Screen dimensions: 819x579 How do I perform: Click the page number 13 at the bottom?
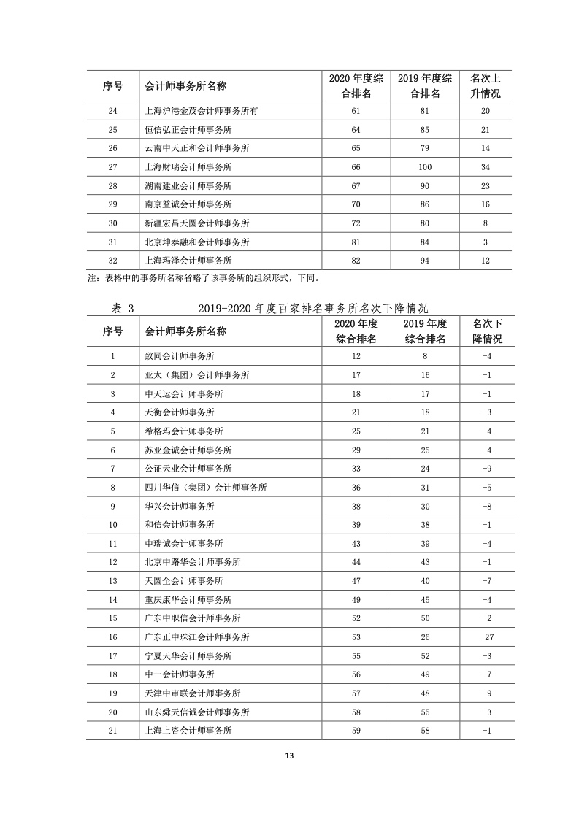tap(289, 755)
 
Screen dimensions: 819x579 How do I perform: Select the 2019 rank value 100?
tap(425, 167)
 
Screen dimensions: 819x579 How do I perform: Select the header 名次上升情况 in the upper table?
tap(486, 85)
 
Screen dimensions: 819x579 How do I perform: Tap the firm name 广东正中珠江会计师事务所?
tap(197, 637)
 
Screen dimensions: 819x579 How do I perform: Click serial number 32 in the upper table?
tap(112, 259)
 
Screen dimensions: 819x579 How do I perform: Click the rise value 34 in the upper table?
tap(486, 167)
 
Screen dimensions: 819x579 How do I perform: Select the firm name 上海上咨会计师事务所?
tap(189, 730)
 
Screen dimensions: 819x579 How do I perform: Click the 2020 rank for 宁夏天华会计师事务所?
tap(356, 655)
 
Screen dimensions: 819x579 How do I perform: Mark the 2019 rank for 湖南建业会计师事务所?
tap(425, 185)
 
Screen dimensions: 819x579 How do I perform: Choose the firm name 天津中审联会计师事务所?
tap(193, 693)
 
